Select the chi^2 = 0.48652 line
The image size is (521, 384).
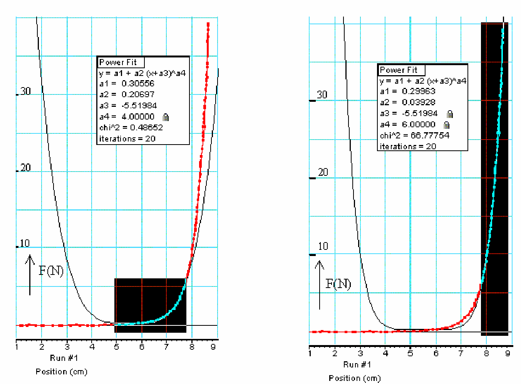[131, 128]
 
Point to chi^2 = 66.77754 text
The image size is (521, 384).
[414, 135]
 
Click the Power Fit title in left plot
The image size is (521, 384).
[118, 62]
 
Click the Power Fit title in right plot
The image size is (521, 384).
[399, 70]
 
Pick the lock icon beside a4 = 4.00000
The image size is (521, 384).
[166, 117]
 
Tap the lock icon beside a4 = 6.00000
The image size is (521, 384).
[446, 125]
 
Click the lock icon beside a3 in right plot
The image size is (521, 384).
[449, 114]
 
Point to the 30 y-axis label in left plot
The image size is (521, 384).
[25, 91]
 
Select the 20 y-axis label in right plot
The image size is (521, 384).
[323, 172]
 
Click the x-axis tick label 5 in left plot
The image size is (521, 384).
[116, 347]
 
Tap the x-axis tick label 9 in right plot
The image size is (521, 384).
[508, 353]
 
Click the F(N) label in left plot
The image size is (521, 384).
[51, 271]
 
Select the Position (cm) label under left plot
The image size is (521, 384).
[62, 372]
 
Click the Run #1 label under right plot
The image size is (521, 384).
[357, 364]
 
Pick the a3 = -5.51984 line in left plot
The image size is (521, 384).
[128, 106]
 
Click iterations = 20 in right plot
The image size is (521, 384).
[408, 147]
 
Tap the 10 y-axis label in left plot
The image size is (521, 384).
[25, 243]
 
